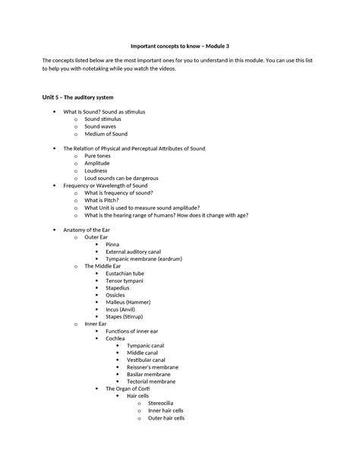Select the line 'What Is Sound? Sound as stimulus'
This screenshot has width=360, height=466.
coord(104,112)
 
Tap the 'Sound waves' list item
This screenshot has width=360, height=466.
coord(102,126)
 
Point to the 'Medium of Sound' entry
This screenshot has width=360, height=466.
coord(106,134)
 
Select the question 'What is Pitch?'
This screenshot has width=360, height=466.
coord(106,200)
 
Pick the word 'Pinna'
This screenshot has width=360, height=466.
coord(112,244)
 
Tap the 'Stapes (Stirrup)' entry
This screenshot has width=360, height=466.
coord(125,317)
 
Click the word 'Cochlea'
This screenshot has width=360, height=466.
coord(115,338)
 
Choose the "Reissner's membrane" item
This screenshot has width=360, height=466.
coord(153,367)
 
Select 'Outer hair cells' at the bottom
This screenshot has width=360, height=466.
coord(166,418)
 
